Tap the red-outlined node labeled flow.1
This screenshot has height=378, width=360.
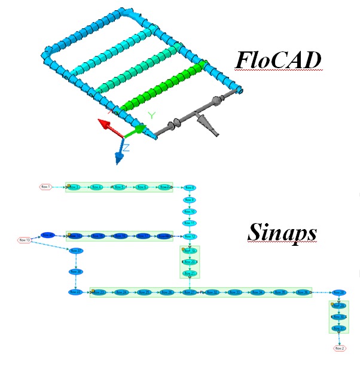point(45,187)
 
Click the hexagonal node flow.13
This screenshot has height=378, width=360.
point(25,240)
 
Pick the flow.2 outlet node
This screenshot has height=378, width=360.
point(340,348)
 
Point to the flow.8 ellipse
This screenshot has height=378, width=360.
point(189,188)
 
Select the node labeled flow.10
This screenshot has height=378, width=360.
point(189,212)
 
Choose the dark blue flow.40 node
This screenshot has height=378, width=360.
point(48,236)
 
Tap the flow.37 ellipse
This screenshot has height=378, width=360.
point(77,251)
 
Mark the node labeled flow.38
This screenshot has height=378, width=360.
point(77,272)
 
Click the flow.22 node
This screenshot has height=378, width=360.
point(76,292)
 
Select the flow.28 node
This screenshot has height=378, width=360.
point(190,292)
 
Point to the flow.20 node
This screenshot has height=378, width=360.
point(190,262)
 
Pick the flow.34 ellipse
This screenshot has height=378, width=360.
point(258,292)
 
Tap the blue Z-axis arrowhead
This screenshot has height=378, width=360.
point(119,157)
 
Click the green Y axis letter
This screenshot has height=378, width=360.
point(152,115)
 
